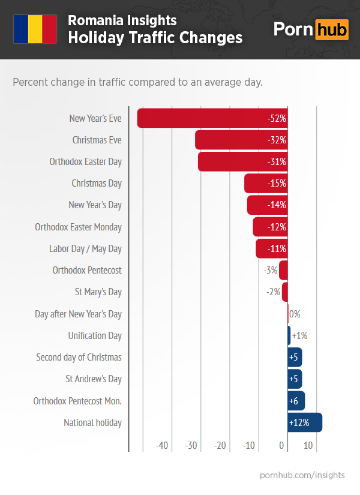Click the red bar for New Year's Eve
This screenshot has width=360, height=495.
(x=204, y=118)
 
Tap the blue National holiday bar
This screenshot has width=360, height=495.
(x=305, y=422)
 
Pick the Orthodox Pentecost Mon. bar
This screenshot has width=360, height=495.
(x=296, y=401)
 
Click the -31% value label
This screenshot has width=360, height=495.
(x=277, y=162)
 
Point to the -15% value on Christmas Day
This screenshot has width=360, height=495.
(x=277, y=184)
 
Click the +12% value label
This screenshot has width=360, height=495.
(x=299, y=422)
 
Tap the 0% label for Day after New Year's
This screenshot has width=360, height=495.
(x=295, y=314)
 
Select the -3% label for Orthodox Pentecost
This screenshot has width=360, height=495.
(x=271, y=271)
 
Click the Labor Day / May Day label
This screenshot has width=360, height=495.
(x=85, y=248)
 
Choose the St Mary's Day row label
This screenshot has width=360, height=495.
(x=98, y=292)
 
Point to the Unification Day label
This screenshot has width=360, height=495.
(x=95, y=335)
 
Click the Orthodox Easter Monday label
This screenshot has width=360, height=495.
(x=78, y=227)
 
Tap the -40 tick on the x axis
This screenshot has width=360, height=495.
(x=162, y=446)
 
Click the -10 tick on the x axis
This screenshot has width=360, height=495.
(x=249, y=446)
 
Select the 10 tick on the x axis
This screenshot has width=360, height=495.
(x=308, y=446)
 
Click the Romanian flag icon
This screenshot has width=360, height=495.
(x=35, y=29)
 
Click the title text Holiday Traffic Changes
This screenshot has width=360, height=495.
(x=155, y=38)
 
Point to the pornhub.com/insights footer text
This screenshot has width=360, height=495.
(x=302, y=475)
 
